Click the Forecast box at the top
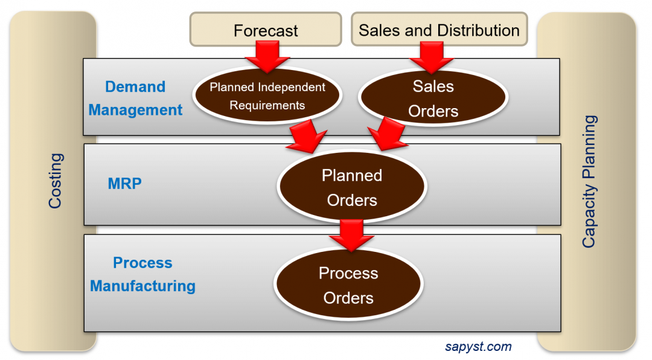266,30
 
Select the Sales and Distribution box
439,30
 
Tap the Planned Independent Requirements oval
267,96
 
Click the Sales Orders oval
433,98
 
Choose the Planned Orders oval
352,187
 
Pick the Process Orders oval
348,285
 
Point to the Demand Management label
135,98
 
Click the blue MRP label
125,183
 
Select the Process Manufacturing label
142,274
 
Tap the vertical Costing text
55,181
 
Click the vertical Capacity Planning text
589,181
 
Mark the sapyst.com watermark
478,347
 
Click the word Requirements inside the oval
267,105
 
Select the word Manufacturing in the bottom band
142,286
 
